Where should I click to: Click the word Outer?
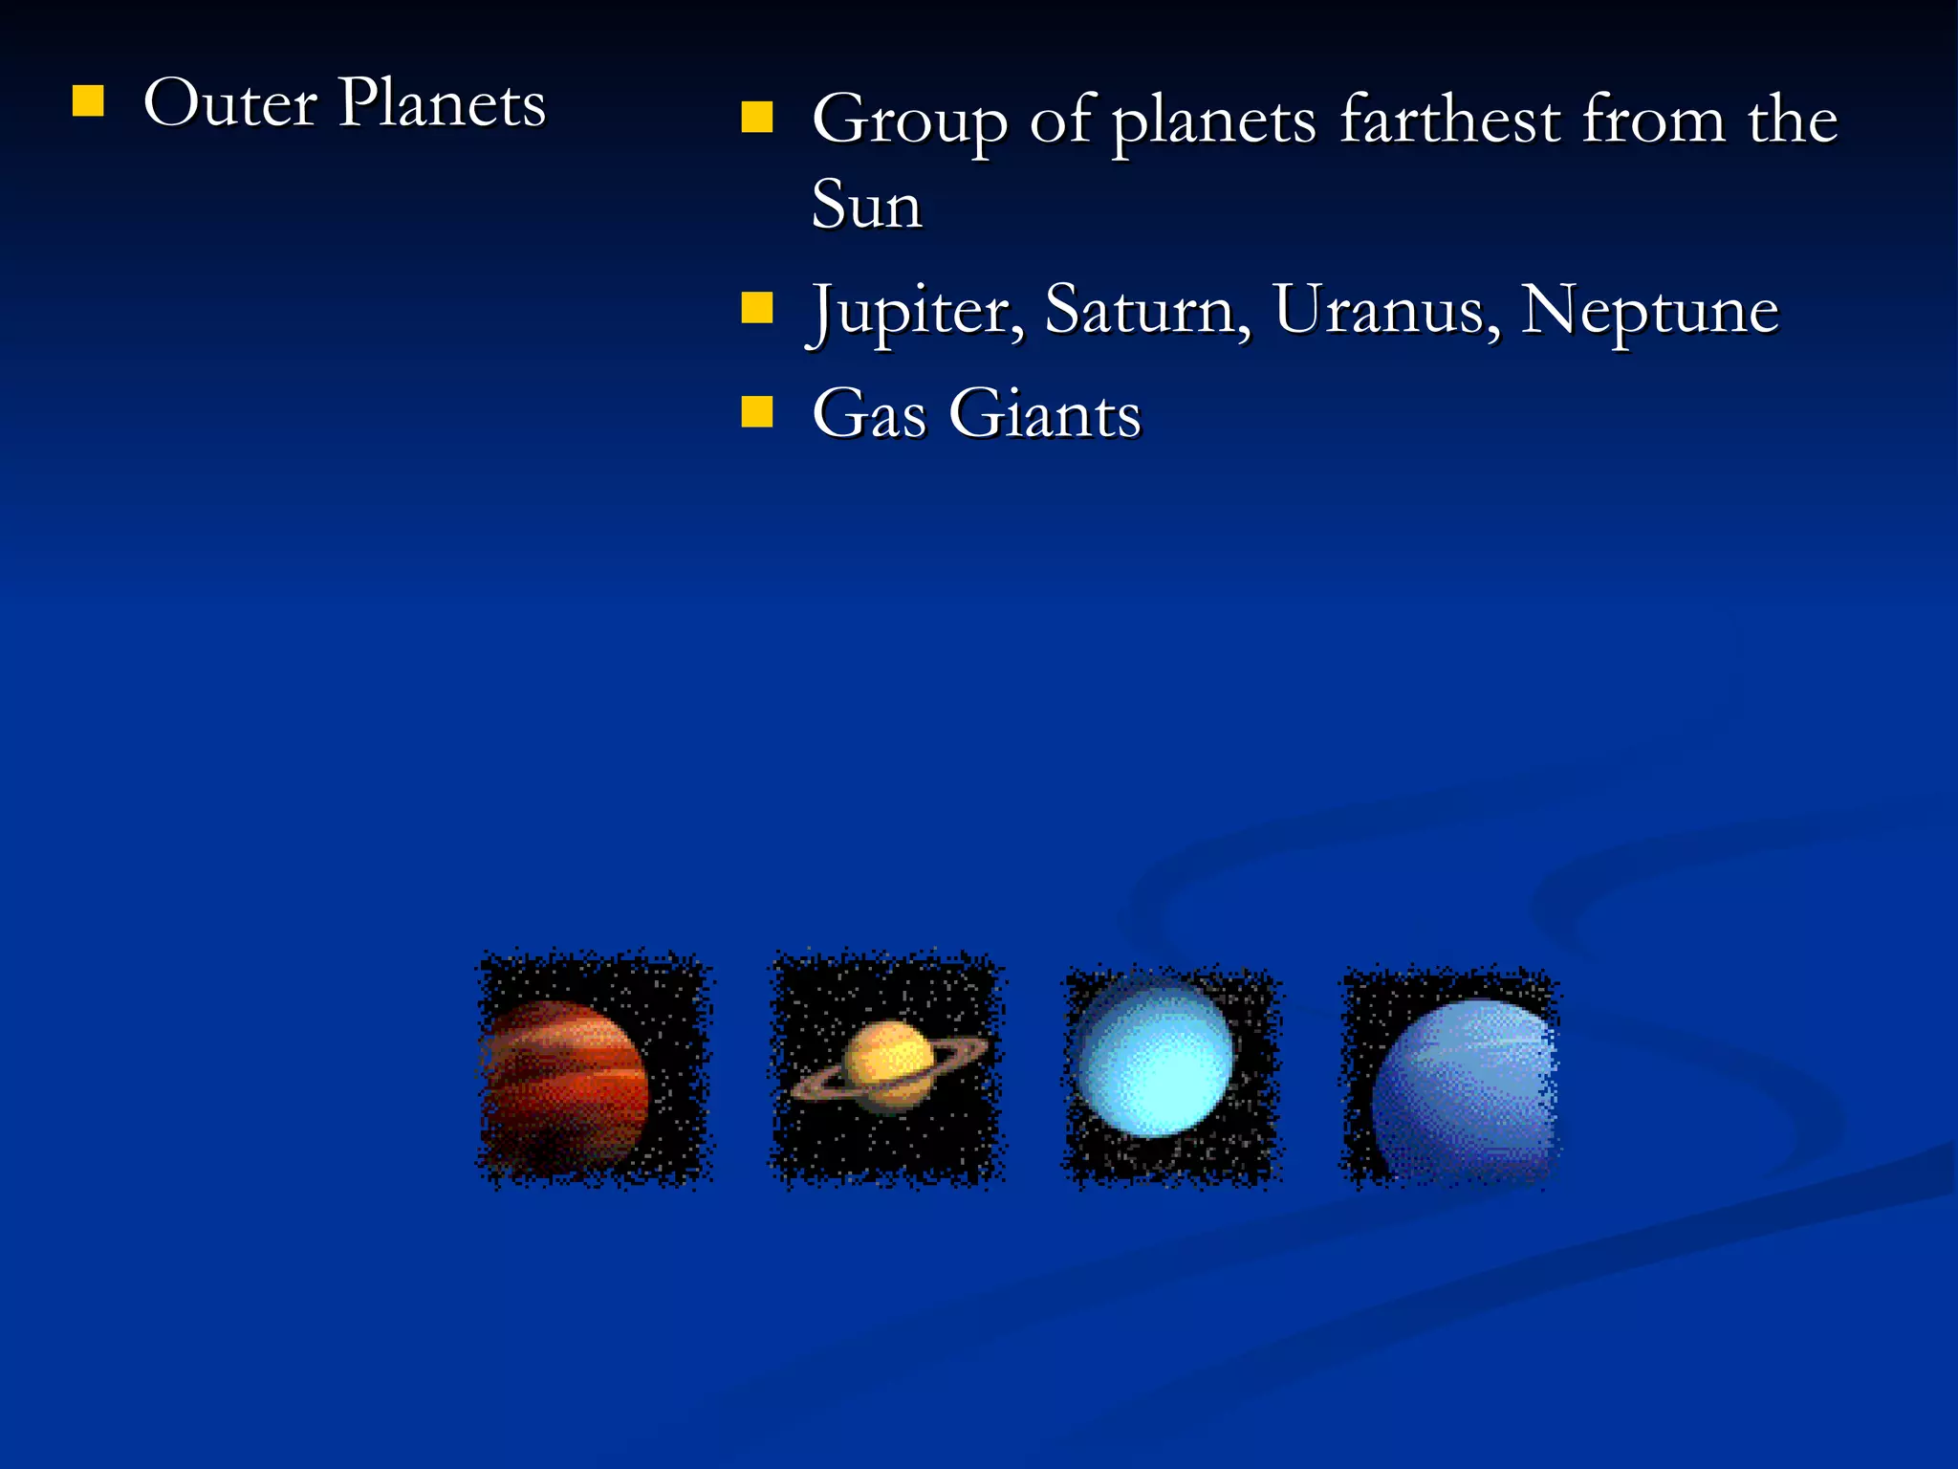(229, 103)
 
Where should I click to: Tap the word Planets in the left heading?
(442, 103)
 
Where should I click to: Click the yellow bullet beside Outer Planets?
(88, 100)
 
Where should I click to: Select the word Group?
(909, 121)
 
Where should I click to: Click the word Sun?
(866, 205)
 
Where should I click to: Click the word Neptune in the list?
(1649, 312)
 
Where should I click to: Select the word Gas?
(869, 414)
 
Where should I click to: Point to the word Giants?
(1045, 414)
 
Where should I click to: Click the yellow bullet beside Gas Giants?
(756, 411)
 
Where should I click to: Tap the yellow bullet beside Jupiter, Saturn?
(756, 308)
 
